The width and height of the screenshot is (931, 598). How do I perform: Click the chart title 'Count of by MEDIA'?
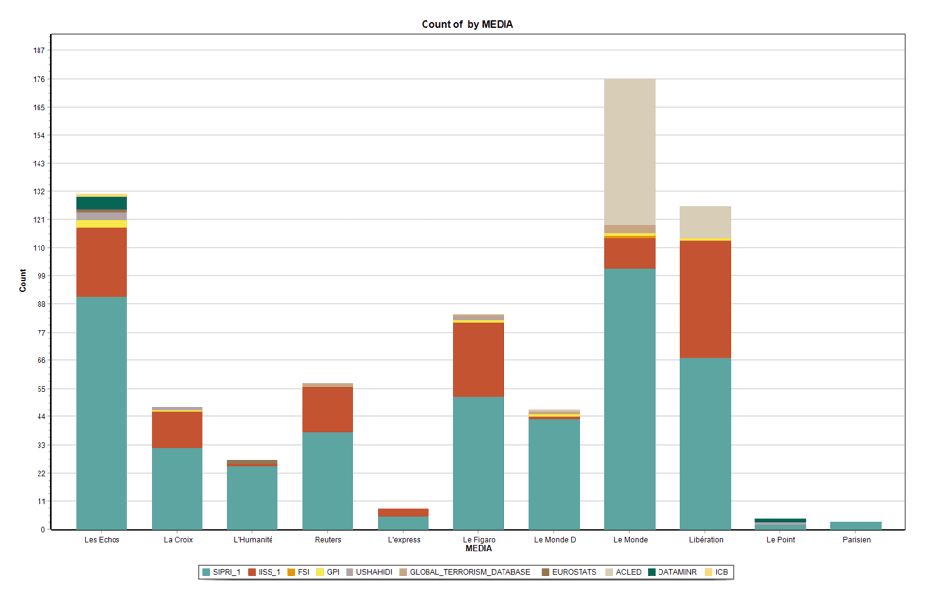tap(467, 24)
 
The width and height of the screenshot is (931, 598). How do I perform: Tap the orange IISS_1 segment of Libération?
tap(705, 299)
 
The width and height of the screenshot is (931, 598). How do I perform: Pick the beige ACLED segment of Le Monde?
tap(629, 151)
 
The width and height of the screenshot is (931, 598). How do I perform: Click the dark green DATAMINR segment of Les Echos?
tap(102, 203)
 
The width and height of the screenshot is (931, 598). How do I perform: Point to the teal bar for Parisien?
tap(855, 525)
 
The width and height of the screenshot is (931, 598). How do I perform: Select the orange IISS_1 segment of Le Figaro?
tap(478, 359)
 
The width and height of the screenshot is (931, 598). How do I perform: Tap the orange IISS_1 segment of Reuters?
tap(328, 410)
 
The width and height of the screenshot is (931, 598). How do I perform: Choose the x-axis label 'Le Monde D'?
tap(554, 540)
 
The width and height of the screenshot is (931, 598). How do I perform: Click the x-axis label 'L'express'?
tap(403, 540)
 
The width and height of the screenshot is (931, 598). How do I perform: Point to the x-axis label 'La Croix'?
tap(178, 540)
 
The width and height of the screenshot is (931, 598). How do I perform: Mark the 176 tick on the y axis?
tap(39, 79)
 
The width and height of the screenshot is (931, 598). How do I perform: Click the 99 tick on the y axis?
tap(41, 276)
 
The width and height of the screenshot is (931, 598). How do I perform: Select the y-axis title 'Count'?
tap(23, 281)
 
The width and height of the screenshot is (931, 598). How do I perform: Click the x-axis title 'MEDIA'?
tap(478, 548)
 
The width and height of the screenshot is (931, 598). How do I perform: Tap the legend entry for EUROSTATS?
tap(574, 572)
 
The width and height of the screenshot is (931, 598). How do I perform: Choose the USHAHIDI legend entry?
tap(373, 572)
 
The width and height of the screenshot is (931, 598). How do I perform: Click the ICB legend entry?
tap(721, 572)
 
